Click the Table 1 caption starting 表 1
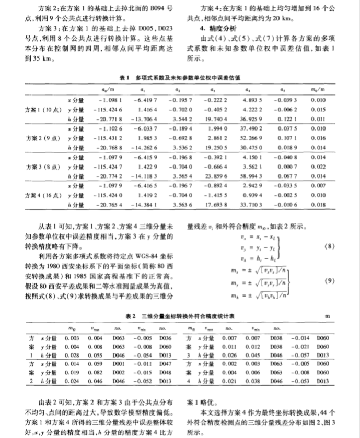tap(179, 77)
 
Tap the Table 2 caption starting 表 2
tap(179, 316)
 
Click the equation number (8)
tap(329, 245)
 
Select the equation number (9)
tap(329, 281)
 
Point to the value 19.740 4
tap(216, 119)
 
